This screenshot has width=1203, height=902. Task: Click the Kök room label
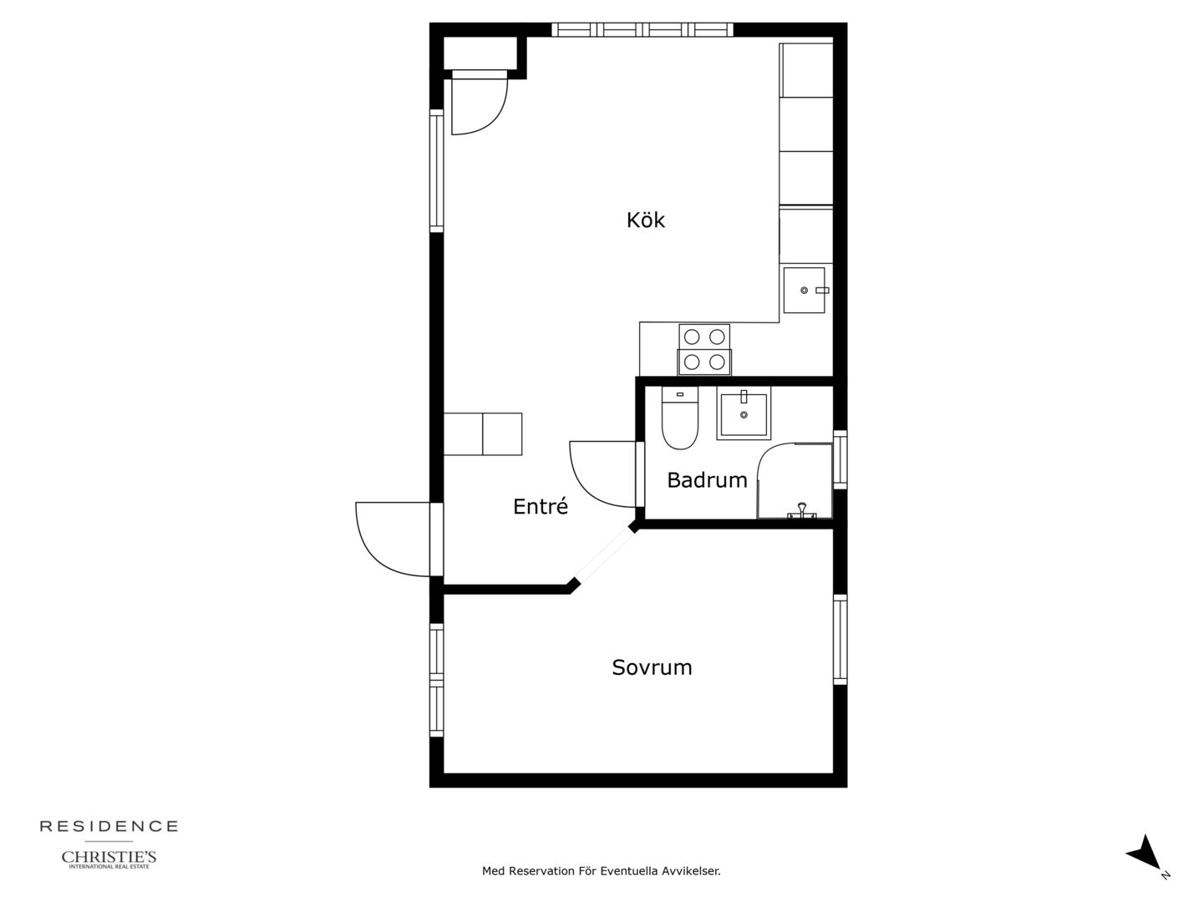click(x=645, y=220)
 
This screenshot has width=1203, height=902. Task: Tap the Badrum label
click(x=707, y=480)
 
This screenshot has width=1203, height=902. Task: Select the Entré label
click(x=541, y=506)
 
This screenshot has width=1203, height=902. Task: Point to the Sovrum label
click(x=652, y=667)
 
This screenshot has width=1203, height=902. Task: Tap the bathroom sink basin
click(x=744, y=413)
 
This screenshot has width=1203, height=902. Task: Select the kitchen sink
click(x=804, y=291)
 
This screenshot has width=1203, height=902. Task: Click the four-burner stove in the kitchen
click(x=704, y=349)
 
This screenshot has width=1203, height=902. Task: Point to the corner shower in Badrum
click(x=794, y=481)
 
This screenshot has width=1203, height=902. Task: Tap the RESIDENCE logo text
click(x=109, y=827)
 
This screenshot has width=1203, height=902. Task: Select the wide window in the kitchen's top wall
click(x=642, y=29)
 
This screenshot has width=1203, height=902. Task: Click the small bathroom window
click(x=840, y=459)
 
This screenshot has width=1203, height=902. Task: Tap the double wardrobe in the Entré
click(x=482, y=433)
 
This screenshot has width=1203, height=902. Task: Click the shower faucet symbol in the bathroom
click(x=802, y=510)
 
